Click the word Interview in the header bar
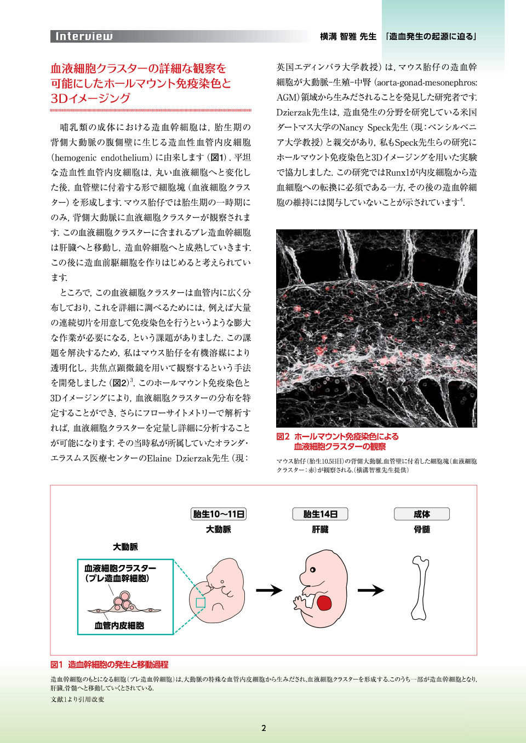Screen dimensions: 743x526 84,37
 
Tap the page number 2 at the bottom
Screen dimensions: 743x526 264,728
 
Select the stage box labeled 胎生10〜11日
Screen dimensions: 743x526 219,514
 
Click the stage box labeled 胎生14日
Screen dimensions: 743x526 320,514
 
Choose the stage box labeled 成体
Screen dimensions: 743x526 421,514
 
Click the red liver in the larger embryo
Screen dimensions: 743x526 324,603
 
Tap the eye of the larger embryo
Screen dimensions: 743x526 313,570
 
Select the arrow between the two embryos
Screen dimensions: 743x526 269,590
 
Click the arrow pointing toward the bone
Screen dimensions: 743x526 371,590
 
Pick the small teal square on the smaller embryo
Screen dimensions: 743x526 201,602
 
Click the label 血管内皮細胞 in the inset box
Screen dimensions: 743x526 119,625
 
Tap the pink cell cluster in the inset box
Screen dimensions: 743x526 123,603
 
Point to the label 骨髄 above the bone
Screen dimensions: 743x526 421,529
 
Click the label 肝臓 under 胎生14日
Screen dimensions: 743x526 320,529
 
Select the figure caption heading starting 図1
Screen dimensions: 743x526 110,665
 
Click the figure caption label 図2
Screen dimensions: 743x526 283,436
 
